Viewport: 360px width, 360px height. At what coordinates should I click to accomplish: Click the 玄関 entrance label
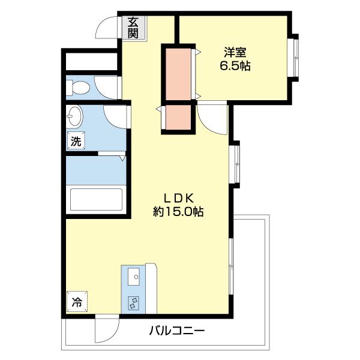click(x=133, y=26)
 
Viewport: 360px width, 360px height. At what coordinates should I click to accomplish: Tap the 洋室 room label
click(x=235, y=52)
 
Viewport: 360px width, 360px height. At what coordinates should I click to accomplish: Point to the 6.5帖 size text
click(x=235, y=66)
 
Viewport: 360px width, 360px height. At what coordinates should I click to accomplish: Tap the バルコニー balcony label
click(x=177, y=331)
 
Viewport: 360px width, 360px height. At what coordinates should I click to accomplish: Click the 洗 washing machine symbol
click(x=76, y=142)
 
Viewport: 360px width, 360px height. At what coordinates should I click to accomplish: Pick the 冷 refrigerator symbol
click(x=77, y=302)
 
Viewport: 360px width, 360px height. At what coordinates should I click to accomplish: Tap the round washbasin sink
click(x=75, y=113)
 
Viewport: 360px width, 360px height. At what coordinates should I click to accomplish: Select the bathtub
click(x=96, y=200)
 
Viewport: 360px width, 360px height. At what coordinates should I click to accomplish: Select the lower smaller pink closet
click(x=178, y=118)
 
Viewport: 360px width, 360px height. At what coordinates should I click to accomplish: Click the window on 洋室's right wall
click(x=295, y=58)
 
